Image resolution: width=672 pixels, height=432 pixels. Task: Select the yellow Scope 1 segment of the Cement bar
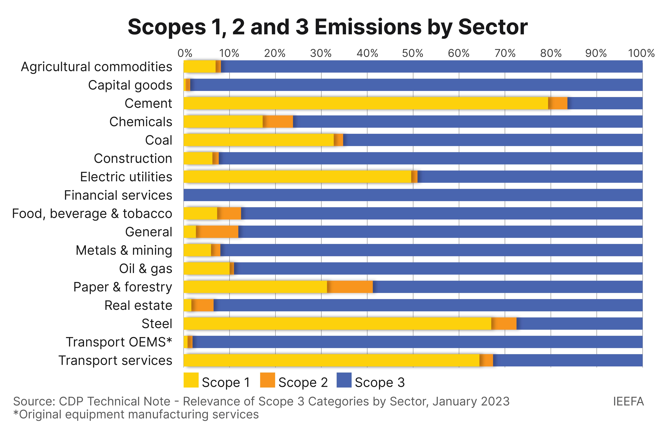click(364, 103)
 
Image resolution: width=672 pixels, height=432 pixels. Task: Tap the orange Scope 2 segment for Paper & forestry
click(350, 287)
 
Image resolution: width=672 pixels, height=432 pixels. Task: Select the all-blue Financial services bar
click(413, 195)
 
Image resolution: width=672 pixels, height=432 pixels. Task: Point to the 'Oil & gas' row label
click(145, 268)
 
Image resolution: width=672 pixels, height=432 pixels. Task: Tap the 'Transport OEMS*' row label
click(119, 342)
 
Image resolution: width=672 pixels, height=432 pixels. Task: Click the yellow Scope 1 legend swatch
click(191, 380)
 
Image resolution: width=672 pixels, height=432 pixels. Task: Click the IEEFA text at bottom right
click(628, 401)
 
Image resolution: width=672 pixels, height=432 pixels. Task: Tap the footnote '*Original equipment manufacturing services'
click(136, 414)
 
